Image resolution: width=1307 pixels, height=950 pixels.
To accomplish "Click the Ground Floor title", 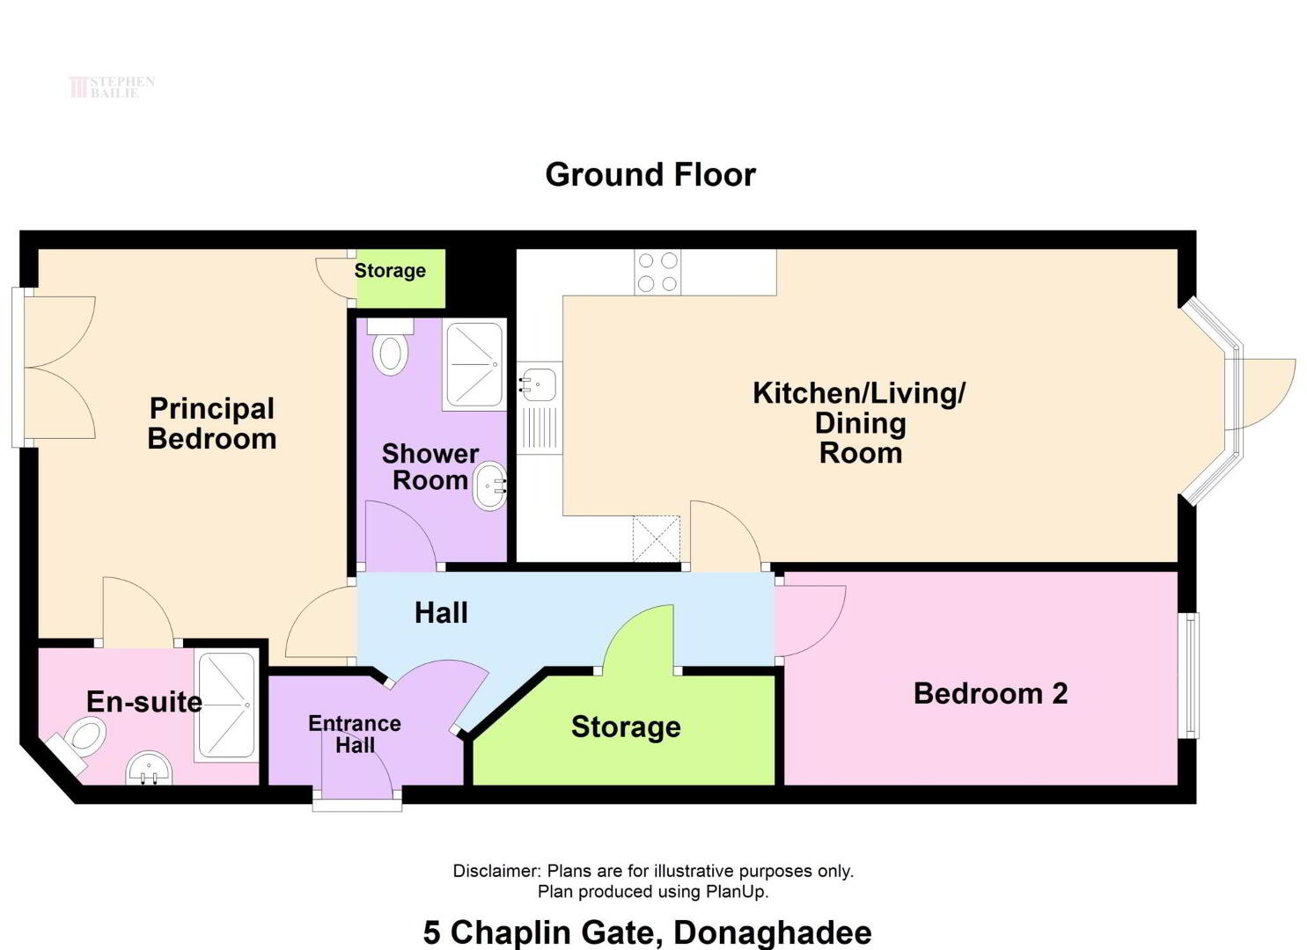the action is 650,174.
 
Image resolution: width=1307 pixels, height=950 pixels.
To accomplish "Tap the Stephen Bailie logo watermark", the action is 112,87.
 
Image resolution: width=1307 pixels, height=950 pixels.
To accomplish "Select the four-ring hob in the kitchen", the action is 657,272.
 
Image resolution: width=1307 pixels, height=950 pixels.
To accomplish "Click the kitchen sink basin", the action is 540,384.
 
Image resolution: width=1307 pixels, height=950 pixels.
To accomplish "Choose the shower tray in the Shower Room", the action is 474,364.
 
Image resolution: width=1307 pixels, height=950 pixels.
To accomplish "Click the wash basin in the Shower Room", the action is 489,486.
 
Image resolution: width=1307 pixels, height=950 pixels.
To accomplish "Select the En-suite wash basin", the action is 150,769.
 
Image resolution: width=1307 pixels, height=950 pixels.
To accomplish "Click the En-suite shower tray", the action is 227,705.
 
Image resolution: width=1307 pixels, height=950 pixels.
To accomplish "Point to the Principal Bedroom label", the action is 212,423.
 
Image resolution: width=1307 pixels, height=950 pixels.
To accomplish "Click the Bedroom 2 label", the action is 990,693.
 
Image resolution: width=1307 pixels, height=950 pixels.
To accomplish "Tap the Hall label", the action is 441,613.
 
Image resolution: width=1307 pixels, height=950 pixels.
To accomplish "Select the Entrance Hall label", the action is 355,734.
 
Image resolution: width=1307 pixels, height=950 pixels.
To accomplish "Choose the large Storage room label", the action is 626,727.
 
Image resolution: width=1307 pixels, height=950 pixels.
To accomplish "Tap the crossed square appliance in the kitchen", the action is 657,539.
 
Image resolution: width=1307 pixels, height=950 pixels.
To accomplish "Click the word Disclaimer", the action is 496,871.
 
